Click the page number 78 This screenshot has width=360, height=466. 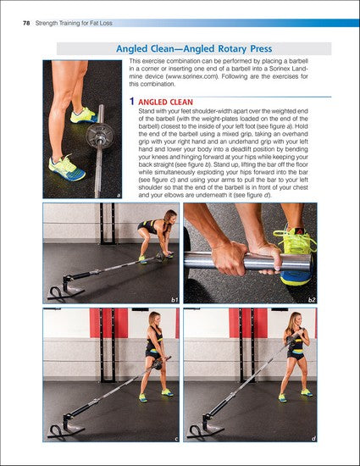(x=15, y=9)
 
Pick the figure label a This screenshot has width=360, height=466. (x=118, y=195)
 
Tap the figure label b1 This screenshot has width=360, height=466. (x=173, y=299)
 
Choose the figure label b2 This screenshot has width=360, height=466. (x=312, y=299)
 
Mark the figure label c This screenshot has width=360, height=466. (x=174, y=439)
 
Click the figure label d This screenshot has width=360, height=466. (x=313, y=439)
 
